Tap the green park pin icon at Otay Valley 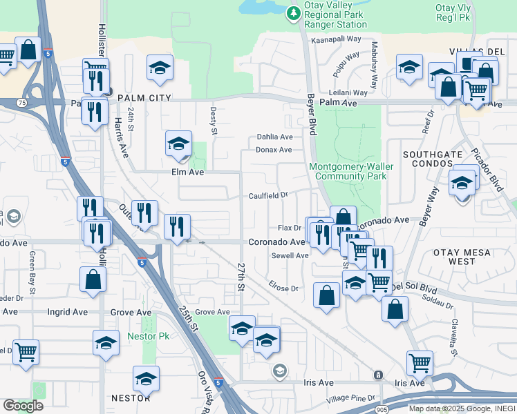click(293, 12)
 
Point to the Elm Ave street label click(187, 172)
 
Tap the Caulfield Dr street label click(269, 195)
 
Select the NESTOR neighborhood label click(131, 398)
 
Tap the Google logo click(23, 406)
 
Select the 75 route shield click(23, 103)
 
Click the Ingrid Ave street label click(67, 312)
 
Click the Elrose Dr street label click(283, 288)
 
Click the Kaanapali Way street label click(337, 39)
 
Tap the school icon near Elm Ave click(178, 144)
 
